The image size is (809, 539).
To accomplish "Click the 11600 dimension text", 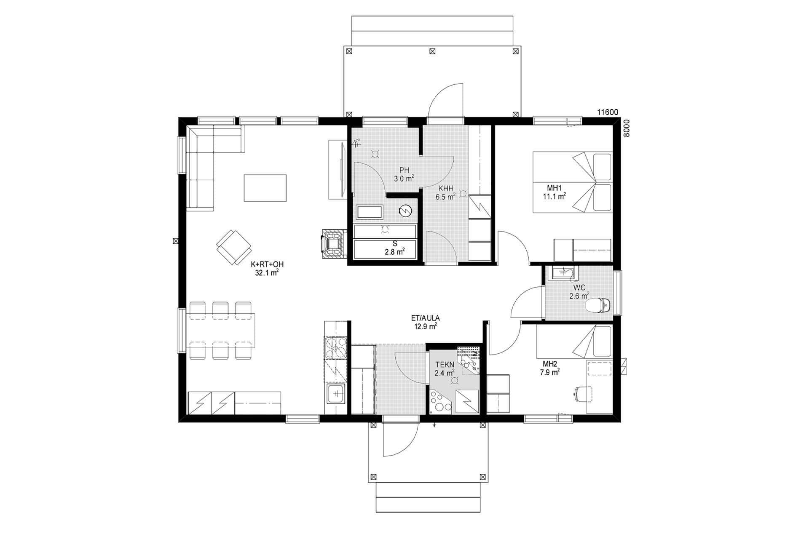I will tap(608, 112).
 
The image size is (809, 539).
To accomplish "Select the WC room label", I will tap(579, 288).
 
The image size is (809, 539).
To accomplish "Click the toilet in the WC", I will tap(599, 304).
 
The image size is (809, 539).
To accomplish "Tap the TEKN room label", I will tap(445, 365).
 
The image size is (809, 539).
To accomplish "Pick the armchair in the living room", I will tap(233, 247).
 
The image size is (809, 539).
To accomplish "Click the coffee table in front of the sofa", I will tap(265, 188).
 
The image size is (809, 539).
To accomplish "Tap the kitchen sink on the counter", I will tap(336, 394).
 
